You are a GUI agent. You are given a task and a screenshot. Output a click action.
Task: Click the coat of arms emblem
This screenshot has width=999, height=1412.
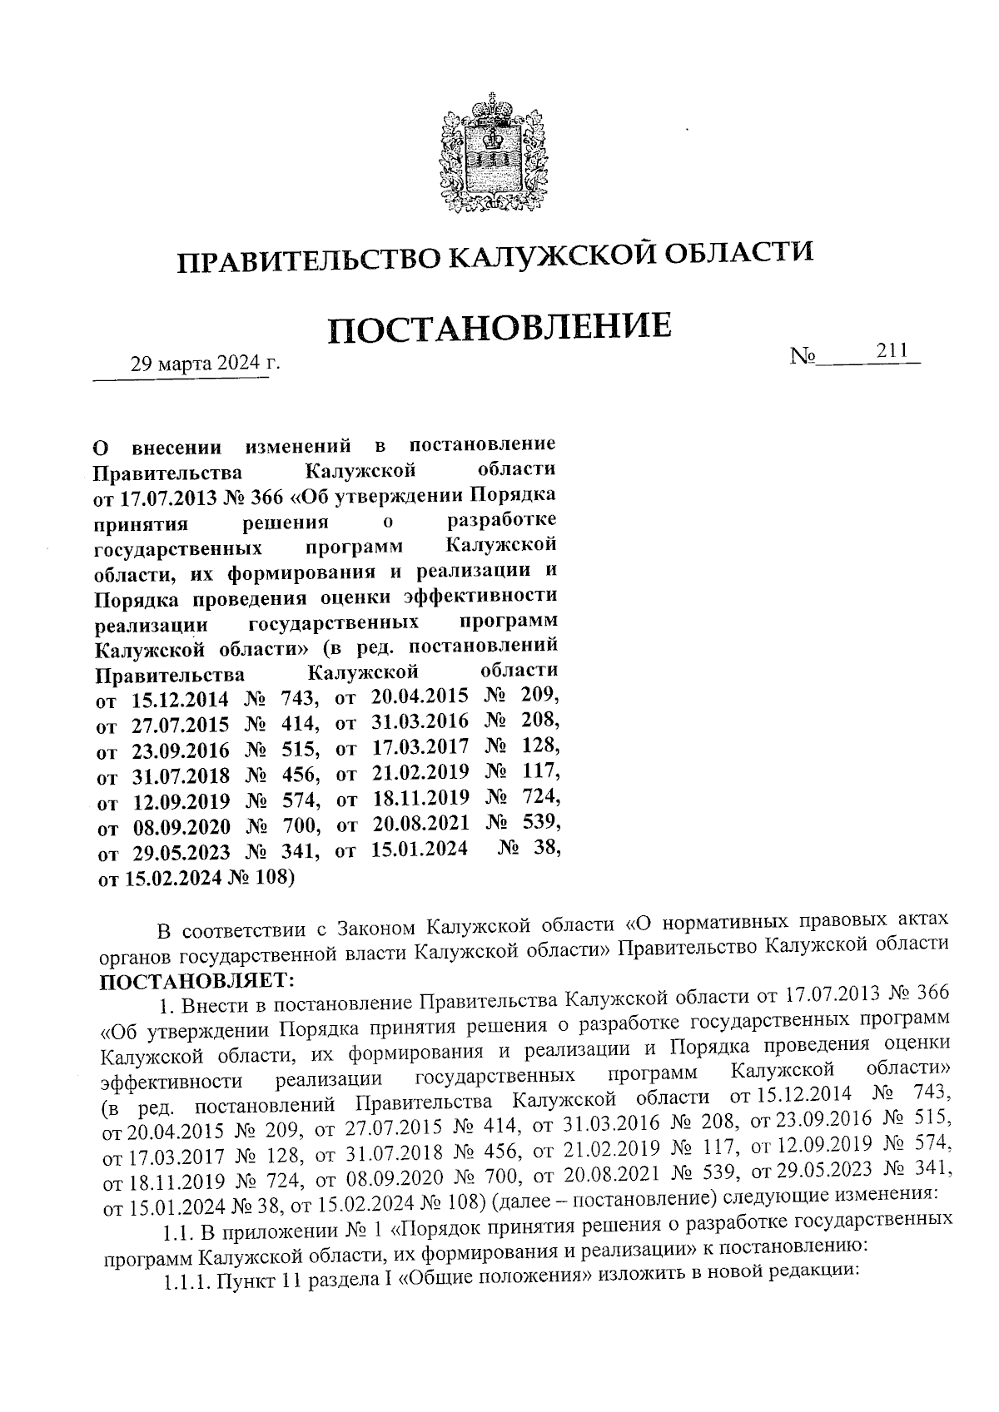[x=490, y=157]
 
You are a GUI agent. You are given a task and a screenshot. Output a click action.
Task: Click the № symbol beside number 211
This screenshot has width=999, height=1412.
[x=803, y=357]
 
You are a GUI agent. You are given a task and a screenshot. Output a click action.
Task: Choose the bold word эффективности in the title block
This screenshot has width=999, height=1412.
[x=480, y=596]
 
